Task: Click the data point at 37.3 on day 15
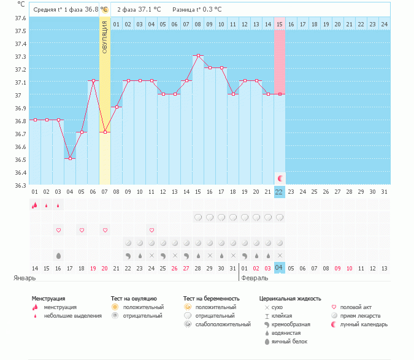point(198,55)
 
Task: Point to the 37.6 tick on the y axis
point(20,17)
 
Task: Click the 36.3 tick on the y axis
point(20,185)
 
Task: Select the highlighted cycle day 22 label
point(280,192)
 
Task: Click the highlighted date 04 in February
point(280,268)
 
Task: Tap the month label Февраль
point(254,278)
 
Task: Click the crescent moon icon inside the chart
point(280,178)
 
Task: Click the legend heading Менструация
point(48,299)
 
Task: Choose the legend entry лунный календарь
point(366,324)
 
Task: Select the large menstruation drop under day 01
point(35,205)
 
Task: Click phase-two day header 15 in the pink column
point(280,24)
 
